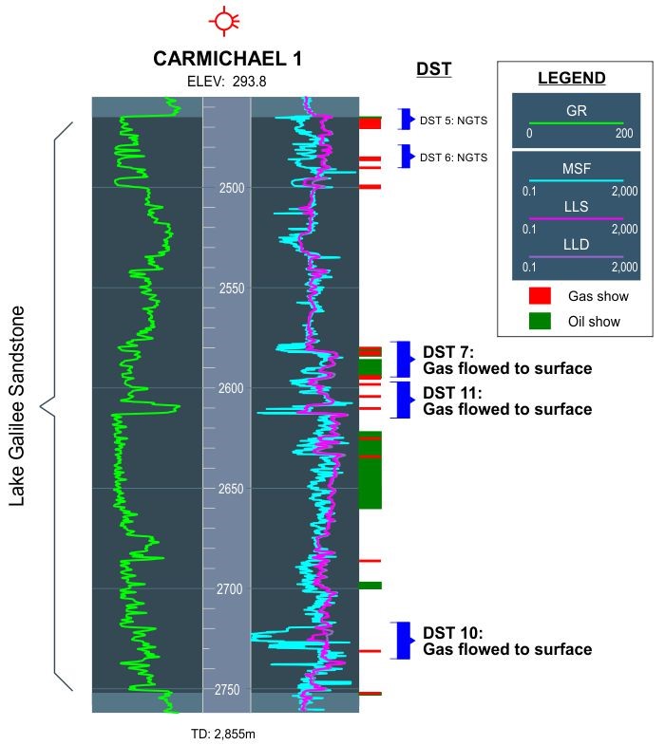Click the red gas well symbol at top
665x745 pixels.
[x=223, y=21]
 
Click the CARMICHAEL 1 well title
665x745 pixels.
[x=227, y=59]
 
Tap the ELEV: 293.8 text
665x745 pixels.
[x=227, y=82]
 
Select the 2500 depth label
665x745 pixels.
[x=232, y=188]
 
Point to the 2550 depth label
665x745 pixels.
[x=232, y=289]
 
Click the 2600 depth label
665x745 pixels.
[x=231, y=389]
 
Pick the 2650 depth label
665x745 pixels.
[x=231, y=489]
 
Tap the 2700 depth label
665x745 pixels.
[x=230, y=589]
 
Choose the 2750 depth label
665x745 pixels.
[x=227, y=690]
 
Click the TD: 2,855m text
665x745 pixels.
[x=223, y=734]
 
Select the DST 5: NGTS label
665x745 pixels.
[x=453, y=121]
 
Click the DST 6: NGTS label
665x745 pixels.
[x=453, y=158]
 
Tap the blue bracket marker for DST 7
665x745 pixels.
[x=404, y=360]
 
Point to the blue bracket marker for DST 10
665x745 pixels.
[x=404, y=641]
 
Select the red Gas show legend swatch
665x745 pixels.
[x=540, y=295]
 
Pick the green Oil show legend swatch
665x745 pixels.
[x=540, y=321]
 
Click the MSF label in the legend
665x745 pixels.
[x=577, y=169]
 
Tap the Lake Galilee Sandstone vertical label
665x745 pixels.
[x=17, y=406]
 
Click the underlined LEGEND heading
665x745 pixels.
[x=572, y=78]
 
